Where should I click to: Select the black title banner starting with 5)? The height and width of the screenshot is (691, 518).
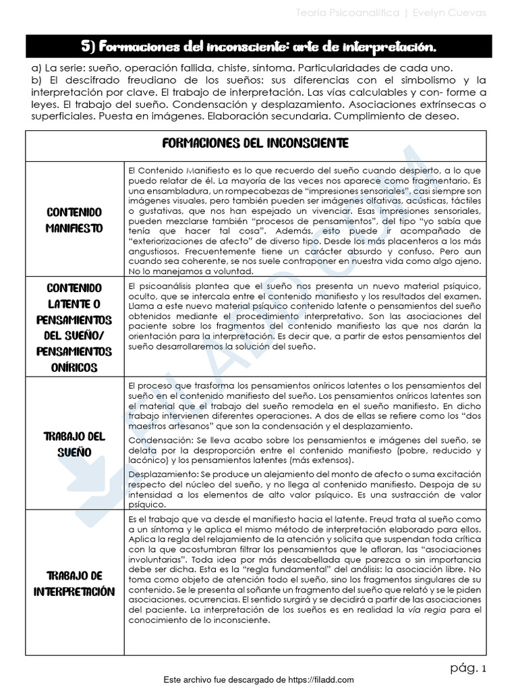[259, 46]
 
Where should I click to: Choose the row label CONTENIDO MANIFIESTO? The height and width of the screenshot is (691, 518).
[74, 220]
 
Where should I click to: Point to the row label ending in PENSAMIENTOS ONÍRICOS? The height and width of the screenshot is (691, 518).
[74, 327]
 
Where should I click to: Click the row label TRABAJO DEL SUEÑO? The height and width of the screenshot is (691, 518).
[74, 443]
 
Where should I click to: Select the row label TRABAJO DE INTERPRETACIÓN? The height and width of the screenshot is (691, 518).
[74, 583]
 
